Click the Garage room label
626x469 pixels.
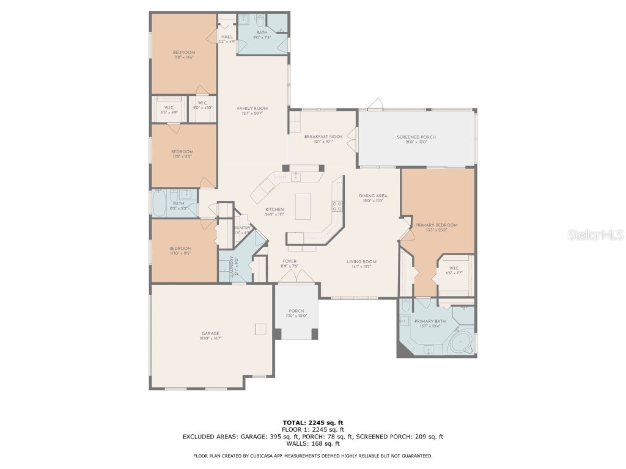pyautogui.click(x=210, y=333)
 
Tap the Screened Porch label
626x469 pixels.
pyautogui.click(x=416, y=137)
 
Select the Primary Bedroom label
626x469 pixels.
pyautogui.click(x=436, y=225)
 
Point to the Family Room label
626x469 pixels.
pyautogui.click(x=252, y=109)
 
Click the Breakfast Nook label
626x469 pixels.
pyautogui.click(x=323, y=137)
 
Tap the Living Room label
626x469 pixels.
pyautogui.click(x=364, y=261)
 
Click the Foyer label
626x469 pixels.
pyautogui.click(x=289, y=261)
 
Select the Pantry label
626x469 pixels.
pyautogui.click(x=242, y=228)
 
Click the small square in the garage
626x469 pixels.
pyautogui.click(x=261, y=329)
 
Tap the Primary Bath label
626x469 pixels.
pyautogui.click(x=430, y=322)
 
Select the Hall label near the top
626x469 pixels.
pyautogui.click(x=226, y=37)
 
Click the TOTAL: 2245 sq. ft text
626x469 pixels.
pyautogui.click(x=312, y=423)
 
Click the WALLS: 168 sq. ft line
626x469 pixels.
pyautogui.click(x=312, y=443)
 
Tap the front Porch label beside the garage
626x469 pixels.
pyautogui.click(x=296, y=311)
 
